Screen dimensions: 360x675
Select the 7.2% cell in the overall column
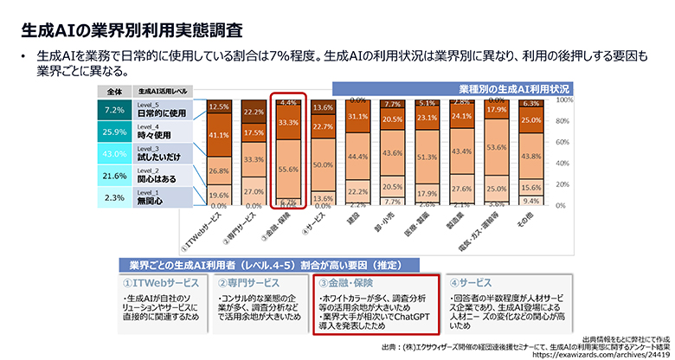114,110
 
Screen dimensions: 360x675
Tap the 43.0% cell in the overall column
114,153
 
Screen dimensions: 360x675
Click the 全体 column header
114,90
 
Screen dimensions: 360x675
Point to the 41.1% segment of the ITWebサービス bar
219,135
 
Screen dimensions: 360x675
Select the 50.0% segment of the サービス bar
323,164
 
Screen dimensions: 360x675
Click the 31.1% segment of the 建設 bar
357,116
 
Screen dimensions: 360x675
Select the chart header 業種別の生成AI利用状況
513,88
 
